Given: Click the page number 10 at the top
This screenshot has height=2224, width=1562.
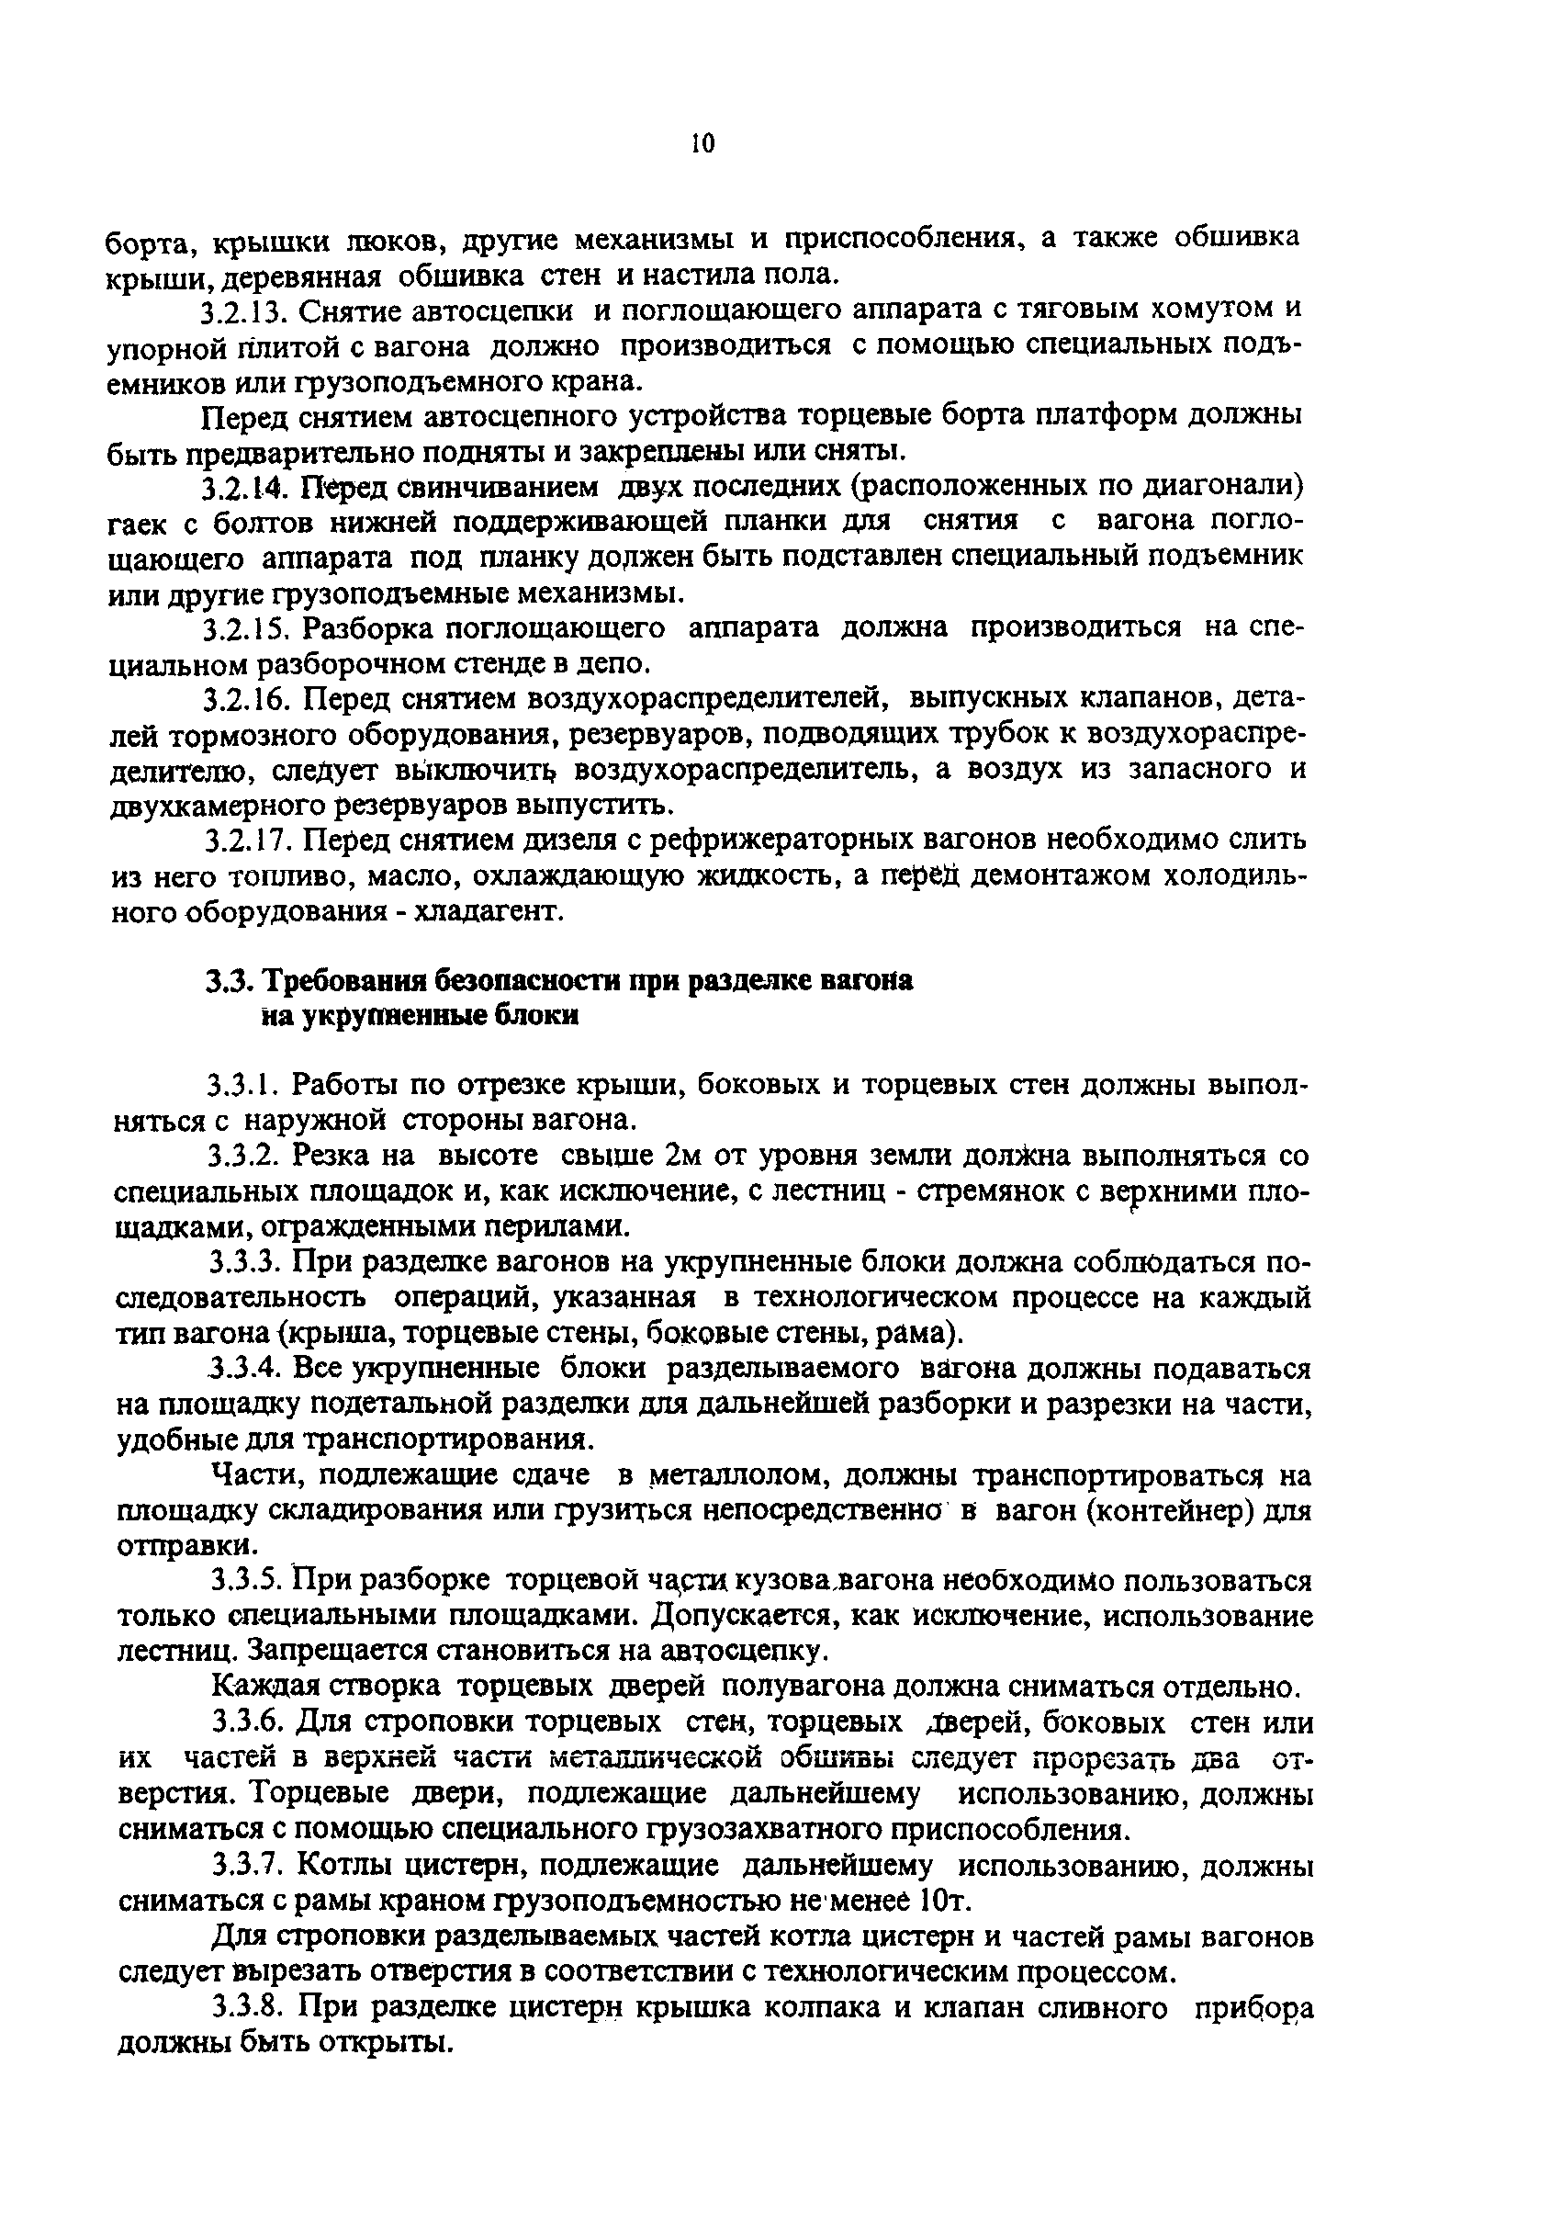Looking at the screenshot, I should point(703,144).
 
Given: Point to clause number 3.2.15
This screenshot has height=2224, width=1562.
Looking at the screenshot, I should point(245,629).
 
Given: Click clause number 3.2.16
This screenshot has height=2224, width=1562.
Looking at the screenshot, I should point(246,699).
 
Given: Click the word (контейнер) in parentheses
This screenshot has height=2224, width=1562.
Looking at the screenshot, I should point(1161,1511).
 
